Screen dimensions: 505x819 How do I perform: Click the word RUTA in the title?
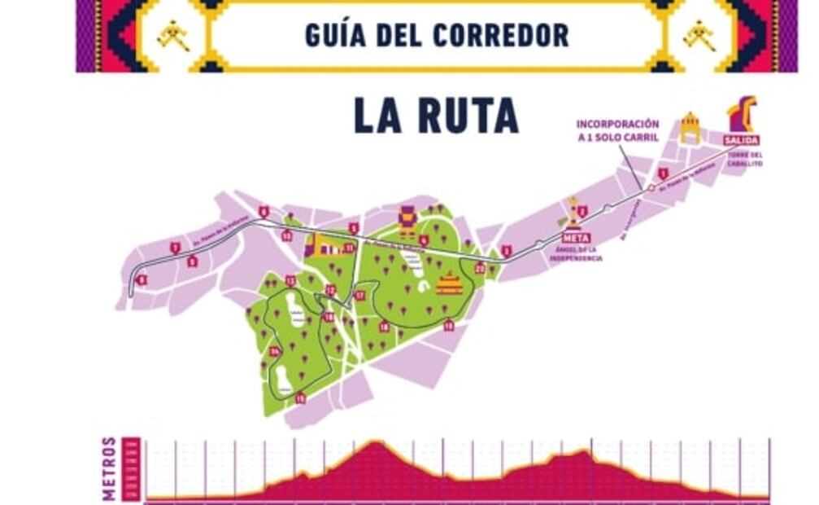click(469, 116)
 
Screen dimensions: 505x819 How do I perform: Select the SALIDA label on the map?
click(741, 140)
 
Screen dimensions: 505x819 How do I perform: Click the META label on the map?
click(575, 238)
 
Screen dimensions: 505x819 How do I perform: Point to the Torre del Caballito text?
click(745, 159)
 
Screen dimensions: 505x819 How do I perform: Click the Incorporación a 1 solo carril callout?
click(617, 130)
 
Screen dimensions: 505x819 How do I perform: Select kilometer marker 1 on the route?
click(663, 173)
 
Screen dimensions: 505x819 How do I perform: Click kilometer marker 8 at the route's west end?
click(142, 280)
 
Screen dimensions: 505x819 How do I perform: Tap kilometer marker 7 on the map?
click(175, 248)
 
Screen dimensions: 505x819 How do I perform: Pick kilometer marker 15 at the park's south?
click(300, 398)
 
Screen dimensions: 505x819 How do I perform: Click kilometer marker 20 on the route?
click(480, 267)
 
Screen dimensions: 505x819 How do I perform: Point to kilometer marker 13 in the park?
click(290, 281)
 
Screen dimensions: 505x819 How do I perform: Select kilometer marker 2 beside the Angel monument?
click(582, 212)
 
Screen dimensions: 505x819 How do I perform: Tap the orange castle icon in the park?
click(449, 283)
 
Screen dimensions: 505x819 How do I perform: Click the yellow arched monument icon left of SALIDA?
click(690, 127)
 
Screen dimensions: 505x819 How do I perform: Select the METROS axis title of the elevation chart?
click(109, 468)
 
